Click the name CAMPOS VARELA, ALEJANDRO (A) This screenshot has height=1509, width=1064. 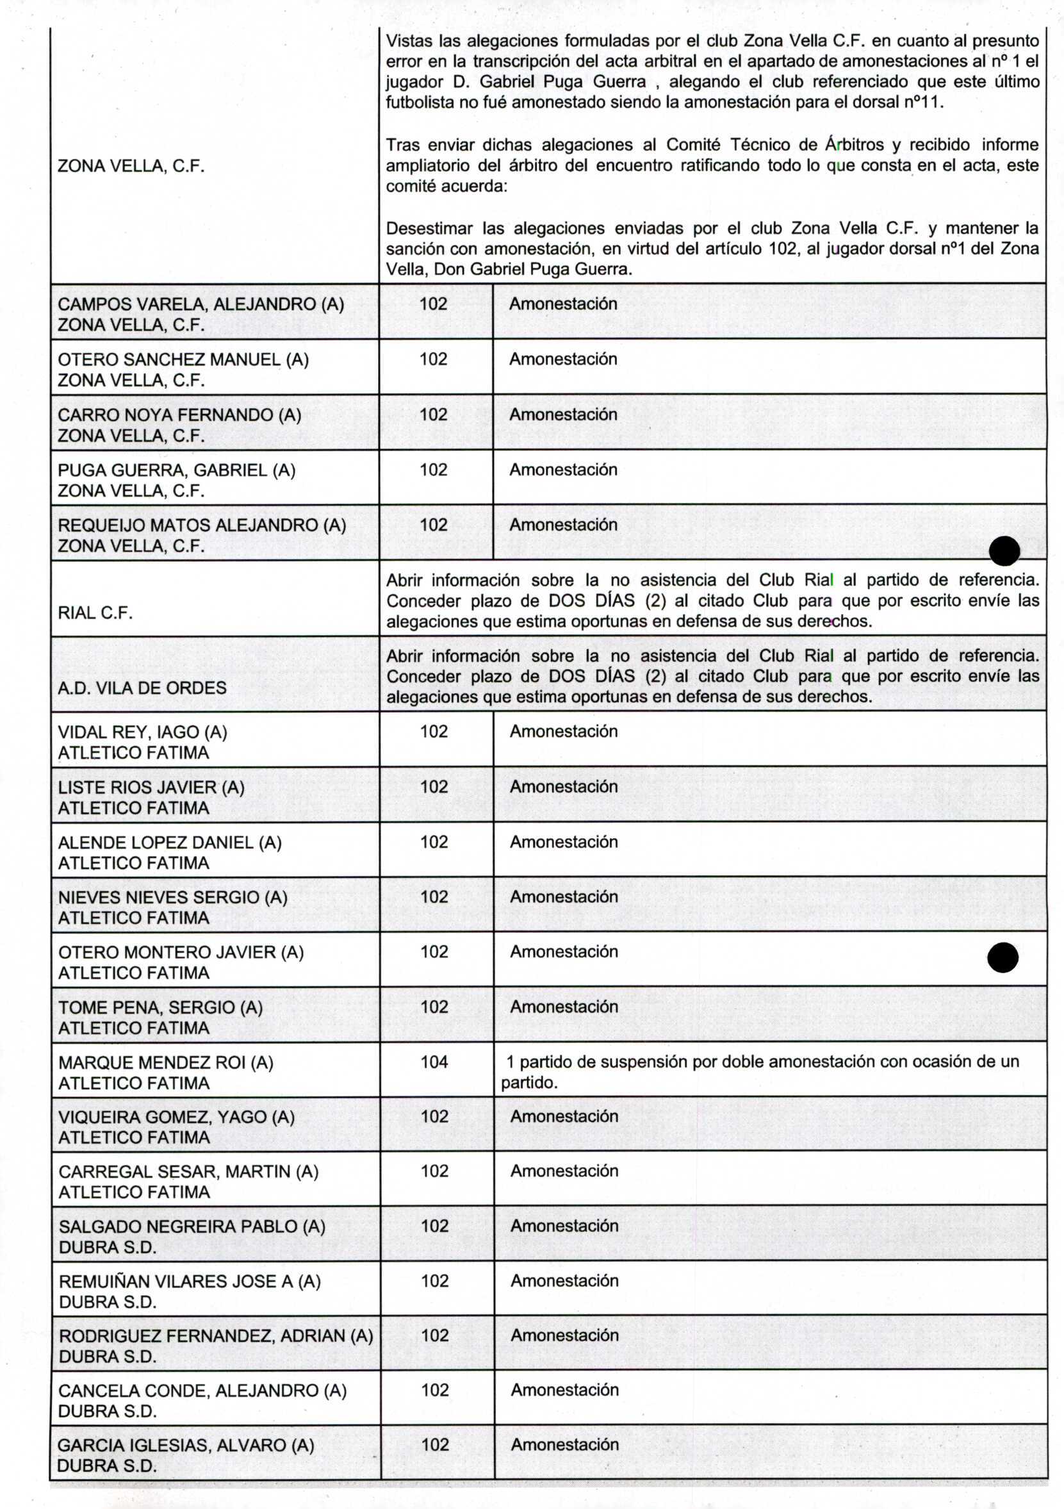201,304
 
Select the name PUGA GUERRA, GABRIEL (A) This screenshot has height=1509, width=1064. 176,470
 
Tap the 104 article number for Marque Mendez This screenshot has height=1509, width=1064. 434,1062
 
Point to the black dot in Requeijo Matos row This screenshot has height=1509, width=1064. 1004,551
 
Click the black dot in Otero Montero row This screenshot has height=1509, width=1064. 1003,957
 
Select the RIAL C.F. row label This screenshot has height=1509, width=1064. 95,613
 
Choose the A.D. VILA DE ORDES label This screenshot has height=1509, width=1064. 142,688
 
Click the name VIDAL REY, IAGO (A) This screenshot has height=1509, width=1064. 143,732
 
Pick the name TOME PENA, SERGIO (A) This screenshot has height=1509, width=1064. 160,1007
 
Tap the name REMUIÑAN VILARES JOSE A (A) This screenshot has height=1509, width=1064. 189,1281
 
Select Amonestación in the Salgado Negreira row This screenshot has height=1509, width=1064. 564,1226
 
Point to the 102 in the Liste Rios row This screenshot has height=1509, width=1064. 434,787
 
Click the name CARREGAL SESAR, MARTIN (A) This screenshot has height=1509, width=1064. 188,1171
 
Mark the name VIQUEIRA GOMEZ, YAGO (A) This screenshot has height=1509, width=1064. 176,1117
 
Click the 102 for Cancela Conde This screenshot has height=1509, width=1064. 434,1390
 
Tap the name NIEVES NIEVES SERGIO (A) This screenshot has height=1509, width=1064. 172,898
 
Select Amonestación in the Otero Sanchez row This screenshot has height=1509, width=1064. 563,359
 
